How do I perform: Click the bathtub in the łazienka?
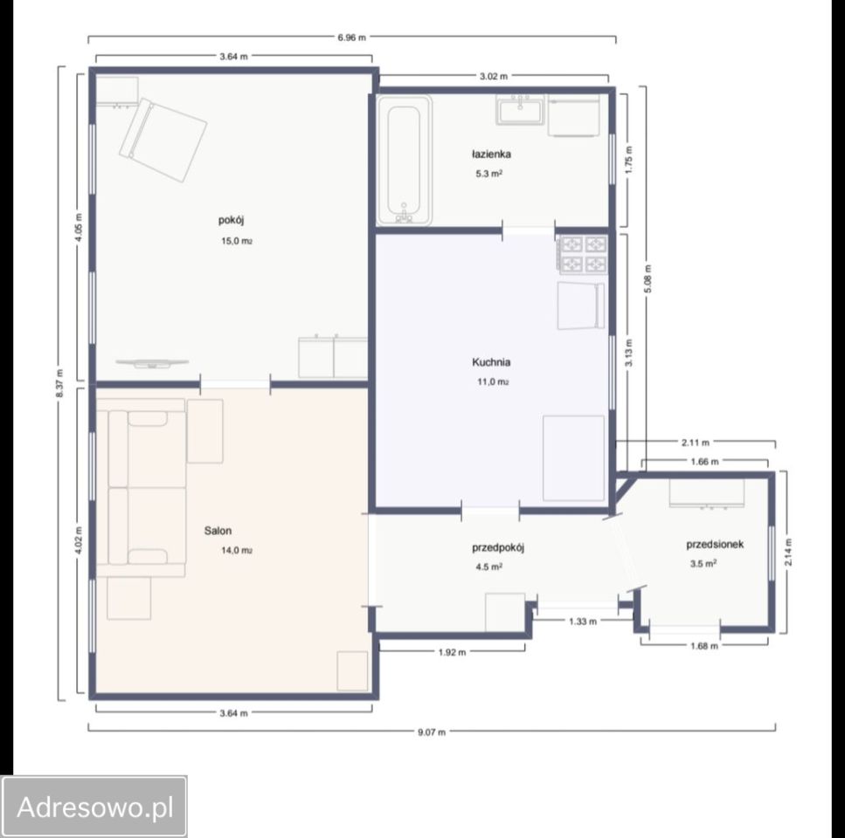pyautogui.click(x=405, y=160)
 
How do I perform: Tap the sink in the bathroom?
pyautogui.click(x=520, y=110)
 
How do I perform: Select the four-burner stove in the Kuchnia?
pyautogui.click(x=584, y=255)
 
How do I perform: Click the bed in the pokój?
pyautogui.click(x=163, y=140)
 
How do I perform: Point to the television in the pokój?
pyautogui.click(x=153, y=364)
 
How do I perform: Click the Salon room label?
pyautogui.click(x=218, y=531)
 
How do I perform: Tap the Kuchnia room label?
pyautogui.click(x=491, y=362)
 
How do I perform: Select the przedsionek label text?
pyautogui.click(x=715, y=545)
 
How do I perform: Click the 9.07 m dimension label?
pyautogui.click(x=432, y=732)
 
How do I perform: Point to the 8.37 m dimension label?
pyautogui.click(x=59, y=383)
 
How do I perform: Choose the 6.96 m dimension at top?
pyautogui.click(x=351, y=38)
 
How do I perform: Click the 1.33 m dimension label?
pyautogui.click(x=583, y=622)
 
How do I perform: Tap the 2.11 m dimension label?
pyautogui.click(x=696, y=443)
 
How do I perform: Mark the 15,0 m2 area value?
pyautogui.click(x=237, y=241)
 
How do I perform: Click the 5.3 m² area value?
pyautogui.click(x=488, y=174)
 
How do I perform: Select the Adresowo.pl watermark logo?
pyautogui.click(x=94, y=807)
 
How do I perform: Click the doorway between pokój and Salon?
pyautogui.click(x=235, y=384)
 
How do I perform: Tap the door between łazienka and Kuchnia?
pyautogui.click(x=529, y=231)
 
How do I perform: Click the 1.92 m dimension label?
pyautogui.click(x=452, y=652)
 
